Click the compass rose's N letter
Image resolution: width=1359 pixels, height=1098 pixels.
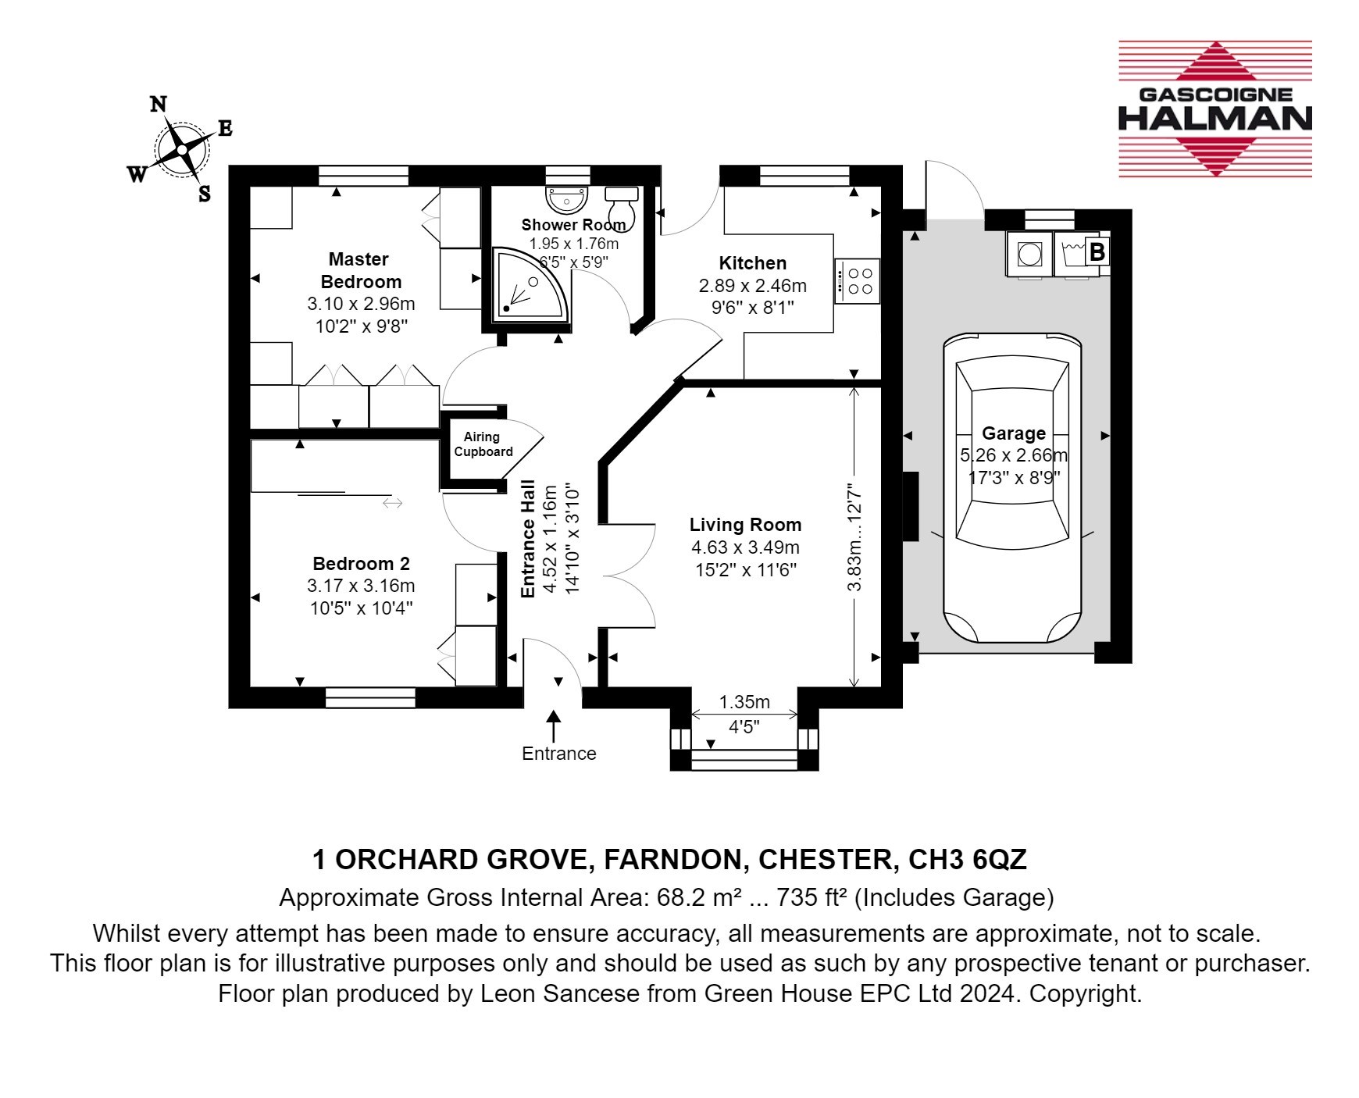(x=159, y=104)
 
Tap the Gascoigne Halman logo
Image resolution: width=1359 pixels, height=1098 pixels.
(x=1215, y=109)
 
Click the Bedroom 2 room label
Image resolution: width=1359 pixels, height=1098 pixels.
(x=361, y=564)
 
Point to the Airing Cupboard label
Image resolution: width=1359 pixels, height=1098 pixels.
(x=483, y=444)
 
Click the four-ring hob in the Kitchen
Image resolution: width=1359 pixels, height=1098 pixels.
(x=857, y=281)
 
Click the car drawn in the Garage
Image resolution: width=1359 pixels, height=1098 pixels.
(x=1013, y=488)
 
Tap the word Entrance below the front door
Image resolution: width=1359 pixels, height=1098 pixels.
(x=559, y=754)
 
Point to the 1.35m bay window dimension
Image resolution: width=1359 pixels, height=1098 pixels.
(x=744, y=702)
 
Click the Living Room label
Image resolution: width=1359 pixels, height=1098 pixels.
(x=745, y=525)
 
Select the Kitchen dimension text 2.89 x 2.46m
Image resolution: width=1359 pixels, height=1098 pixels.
(x=753, y=286)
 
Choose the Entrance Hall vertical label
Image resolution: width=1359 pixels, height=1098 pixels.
(x=528, y=539)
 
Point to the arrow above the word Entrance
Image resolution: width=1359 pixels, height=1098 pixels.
(x=555, y=725)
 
